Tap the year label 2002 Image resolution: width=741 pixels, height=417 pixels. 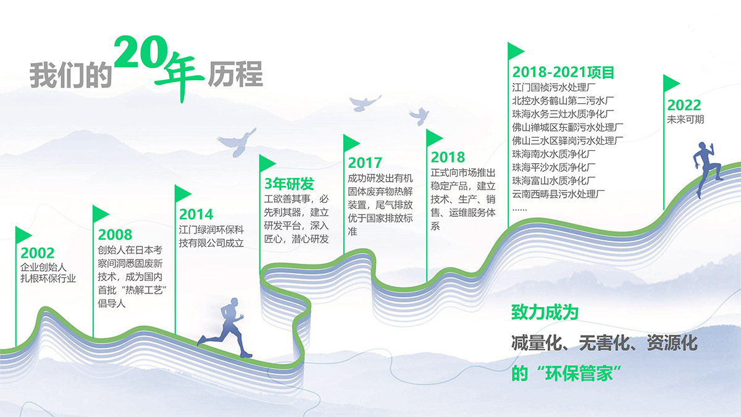click(38, 253)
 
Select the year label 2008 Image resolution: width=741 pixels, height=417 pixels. click(115, 235)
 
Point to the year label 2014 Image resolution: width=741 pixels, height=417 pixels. click(196, 214)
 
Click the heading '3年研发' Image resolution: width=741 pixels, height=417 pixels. click(289, 183)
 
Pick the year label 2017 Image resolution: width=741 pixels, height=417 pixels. click(365, 163)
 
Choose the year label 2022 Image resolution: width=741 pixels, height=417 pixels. click(684, 105)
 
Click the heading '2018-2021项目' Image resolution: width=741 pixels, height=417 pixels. click(563, 72)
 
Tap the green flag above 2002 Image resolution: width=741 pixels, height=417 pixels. click(23, 235)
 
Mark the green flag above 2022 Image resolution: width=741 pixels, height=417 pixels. click(672, 83)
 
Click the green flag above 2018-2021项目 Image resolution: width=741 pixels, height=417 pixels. click(516, 51)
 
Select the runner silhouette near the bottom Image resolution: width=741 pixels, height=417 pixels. click(225, 327)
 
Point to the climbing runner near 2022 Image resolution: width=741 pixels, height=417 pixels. click(707, 169)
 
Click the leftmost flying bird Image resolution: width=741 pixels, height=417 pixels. click(237, 142)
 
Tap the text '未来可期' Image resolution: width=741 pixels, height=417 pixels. click(685, 119)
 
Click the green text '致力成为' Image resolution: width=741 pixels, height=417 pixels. click(545, 313)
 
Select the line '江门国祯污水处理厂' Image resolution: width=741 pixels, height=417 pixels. click(554, 87)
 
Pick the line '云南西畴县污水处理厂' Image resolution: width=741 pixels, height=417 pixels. click(558, 194)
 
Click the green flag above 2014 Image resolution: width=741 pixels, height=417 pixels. click(183, 193)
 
